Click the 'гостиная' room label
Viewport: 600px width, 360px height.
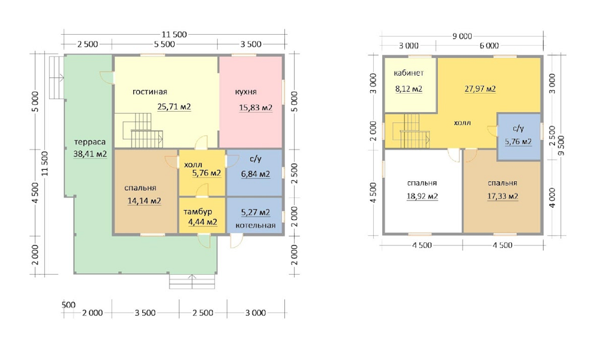149,92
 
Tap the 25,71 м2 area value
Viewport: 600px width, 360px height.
174,106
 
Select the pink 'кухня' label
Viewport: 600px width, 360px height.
245,92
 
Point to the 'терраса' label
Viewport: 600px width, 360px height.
89,142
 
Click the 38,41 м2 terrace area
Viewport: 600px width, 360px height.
90,154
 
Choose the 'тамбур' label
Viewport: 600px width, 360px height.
197,212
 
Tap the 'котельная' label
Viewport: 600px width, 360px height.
255,225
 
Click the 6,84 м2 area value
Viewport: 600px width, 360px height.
255,174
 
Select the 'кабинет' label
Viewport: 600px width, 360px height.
409,73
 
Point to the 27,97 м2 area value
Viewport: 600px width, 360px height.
480,89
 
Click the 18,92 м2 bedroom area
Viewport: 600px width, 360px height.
422,196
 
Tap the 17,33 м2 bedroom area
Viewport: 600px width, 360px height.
502,196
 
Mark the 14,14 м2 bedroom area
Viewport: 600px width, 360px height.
144,201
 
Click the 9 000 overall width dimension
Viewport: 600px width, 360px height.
462,37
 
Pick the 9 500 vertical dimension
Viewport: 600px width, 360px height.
562,145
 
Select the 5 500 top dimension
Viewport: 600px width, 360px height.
164,44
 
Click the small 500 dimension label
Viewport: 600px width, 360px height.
68,305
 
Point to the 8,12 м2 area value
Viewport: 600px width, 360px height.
409,89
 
